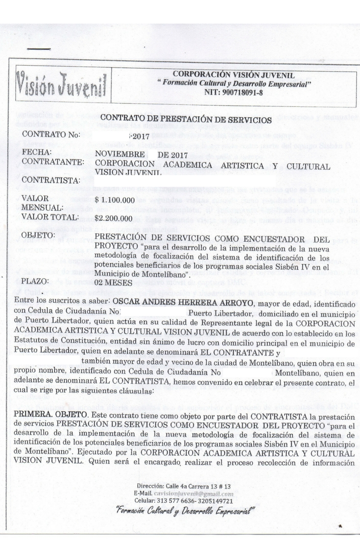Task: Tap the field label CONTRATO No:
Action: point(51,134)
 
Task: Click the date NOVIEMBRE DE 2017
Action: point(132,153)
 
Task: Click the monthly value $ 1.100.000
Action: point(115,200)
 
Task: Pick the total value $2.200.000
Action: point(114,218)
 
